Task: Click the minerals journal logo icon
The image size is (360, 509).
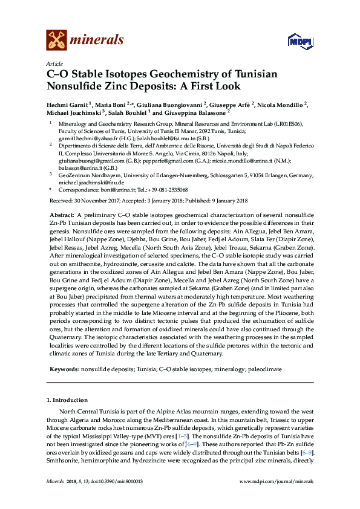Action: point(56,41)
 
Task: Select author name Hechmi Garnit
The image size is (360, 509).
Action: point(68,104)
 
